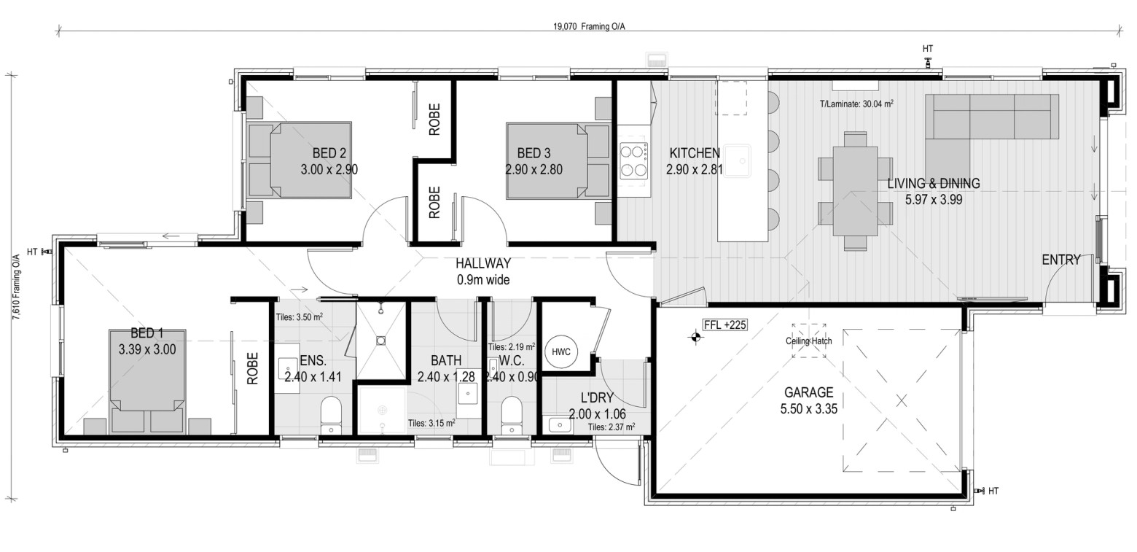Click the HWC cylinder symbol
click(x=561, y=352)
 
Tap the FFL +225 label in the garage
click(x=724, y=325)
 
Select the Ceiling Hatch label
click(x=808, y=341)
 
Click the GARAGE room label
click(x=808, y=392)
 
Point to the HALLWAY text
click(x=482, y=263)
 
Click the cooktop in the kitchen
click(x=633, y=161)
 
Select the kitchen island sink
click(x=738, y=161)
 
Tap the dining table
click(x=855, y=191)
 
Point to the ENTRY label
click(x=1061, y=260)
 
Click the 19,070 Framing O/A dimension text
click(x=589, y=26)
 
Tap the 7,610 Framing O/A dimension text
click(x=17, y=287)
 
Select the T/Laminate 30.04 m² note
click(x=856, y=104)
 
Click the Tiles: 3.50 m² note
click(x=299, y=317)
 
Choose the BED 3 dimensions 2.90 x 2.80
click(x=534, y=170)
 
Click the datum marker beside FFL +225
click(x=695, y=337)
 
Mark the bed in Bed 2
click(x=310, y=160)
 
